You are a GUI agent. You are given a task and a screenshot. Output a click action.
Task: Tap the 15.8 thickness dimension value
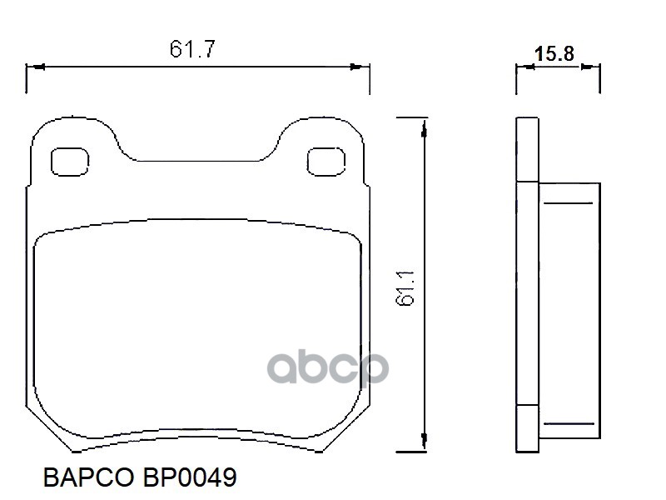[554, 54]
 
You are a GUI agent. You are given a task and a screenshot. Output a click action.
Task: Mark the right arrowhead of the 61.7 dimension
[362, 67]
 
